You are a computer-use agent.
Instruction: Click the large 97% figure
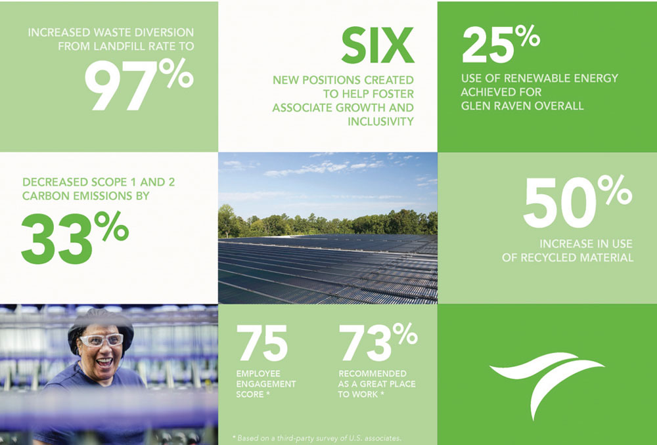[x=139, y=85]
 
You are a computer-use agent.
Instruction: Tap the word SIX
[x=378, y=46]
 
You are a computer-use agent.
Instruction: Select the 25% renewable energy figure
[x=501, y=44]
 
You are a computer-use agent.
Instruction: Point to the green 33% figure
[x=75, y=238]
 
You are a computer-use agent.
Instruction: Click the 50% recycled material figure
[x=578, y=201]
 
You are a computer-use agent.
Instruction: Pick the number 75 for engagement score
[x=262, y=343]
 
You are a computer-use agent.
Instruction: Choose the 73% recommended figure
[x=378, y=342]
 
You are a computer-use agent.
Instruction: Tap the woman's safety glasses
[x=101, y=340]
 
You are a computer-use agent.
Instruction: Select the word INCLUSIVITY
[x=380, y=121]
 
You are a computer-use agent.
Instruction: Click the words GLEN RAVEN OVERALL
[x=522, y=106]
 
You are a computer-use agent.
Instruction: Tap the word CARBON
[x=43, y=196]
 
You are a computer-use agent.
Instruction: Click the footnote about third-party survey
[x=317, y=438]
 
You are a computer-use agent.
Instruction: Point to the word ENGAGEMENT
[x=266, y=384]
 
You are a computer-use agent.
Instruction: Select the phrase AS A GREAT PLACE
[x=376, y=384]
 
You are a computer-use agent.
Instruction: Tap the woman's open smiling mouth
[x=104, y=361]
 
